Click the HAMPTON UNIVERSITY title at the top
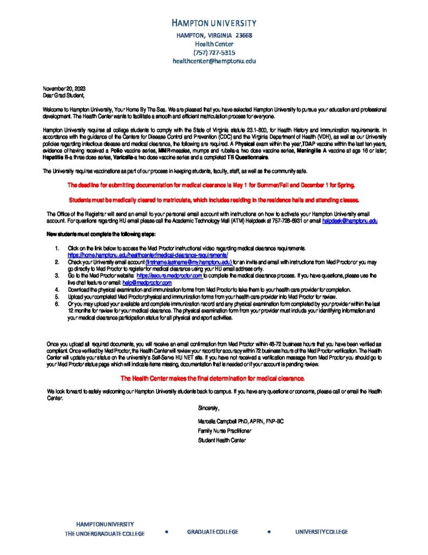[x=214, y=23]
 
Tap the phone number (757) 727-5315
[x=214, y=53]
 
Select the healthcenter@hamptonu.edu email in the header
[x=214, y=61]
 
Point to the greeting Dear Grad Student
[x=64, y=95]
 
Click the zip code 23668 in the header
[x=243, y=35]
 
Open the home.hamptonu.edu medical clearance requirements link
[x=148, y=254]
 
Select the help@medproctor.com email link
[x=147, y=283]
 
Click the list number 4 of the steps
[x=57, y=290]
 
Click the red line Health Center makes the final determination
[x=213, y=378]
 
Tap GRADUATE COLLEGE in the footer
[x=213, y=532]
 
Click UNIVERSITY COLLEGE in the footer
[x=321, y=532]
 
